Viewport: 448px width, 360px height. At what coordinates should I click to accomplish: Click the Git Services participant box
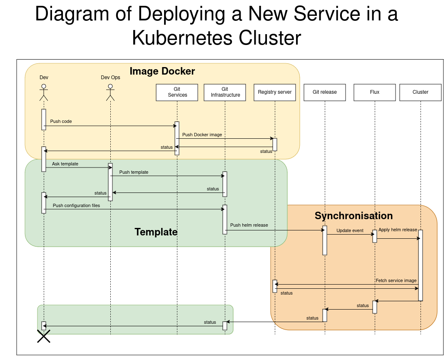[177, 92]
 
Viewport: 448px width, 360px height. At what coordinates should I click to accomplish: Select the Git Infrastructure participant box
[225, 92]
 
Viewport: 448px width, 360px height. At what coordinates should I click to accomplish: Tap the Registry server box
[275, 92]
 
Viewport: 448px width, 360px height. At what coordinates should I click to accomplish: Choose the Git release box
[325, 92]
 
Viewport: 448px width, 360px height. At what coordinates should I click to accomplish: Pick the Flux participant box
[375, 92]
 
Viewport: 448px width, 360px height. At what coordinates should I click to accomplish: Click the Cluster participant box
[421, 92]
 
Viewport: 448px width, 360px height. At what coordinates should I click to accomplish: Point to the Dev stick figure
[44, 92]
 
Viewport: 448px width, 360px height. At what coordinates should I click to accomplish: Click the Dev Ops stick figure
[110, 92]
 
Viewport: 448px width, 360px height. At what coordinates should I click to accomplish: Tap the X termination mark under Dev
[44, 336]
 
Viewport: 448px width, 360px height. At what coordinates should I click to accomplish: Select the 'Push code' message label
[61, 121]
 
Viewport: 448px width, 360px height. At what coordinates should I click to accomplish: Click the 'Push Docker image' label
[202, 135]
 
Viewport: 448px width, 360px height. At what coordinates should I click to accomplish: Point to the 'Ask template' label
[65, 164]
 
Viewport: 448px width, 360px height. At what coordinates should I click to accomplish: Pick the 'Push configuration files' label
[76, 205]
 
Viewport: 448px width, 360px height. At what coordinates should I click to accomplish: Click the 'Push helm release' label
[249, 225]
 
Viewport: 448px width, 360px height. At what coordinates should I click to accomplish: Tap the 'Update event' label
[350, 230]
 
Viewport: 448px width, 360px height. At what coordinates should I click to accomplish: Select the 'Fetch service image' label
[396, 280]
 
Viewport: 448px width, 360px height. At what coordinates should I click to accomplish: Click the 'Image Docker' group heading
[162, 71]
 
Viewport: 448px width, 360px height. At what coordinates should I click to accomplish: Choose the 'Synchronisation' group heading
[353, 215]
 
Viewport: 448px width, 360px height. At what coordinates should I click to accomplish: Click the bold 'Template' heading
[156, 232]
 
